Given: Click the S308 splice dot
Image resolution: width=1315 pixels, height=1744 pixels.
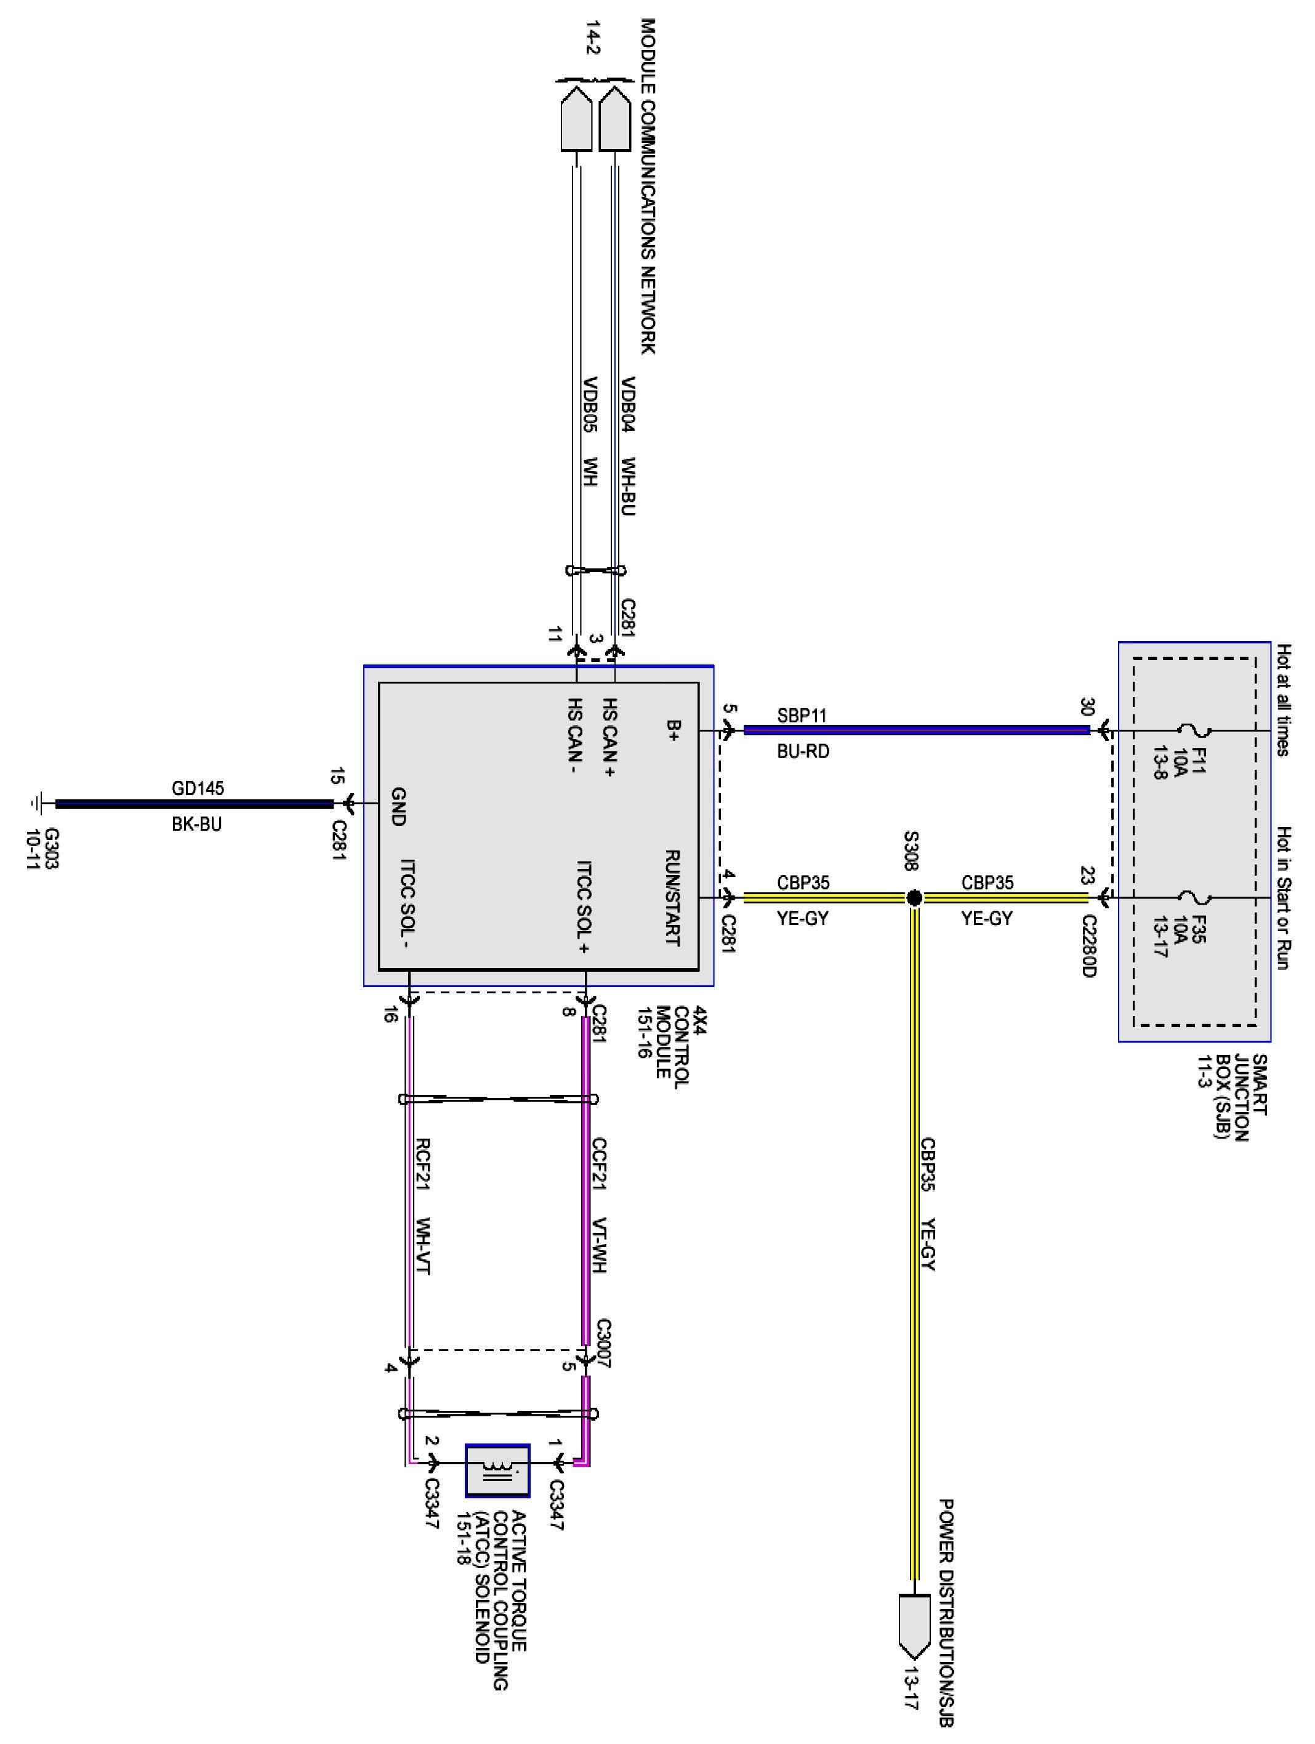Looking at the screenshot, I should (914, 897).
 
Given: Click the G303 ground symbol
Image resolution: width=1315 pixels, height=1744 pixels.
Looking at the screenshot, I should (36, 804).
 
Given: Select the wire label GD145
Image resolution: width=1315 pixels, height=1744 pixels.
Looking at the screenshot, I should (197, 788).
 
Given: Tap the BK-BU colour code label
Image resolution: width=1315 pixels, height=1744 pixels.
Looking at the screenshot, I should (197, 824).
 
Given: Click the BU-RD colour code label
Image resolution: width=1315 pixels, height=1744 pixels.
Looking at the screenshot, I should (803, 751).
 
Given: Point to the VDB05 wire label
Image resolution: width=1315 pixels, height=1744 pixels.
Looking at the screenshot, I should (590, 405).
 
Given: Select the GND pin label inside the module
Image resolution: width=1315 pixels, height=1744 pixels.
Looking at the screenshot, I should (399, 805).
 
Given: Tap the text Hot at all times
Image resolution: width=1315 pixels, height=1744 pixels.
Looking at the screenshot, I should (1284, 700).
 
